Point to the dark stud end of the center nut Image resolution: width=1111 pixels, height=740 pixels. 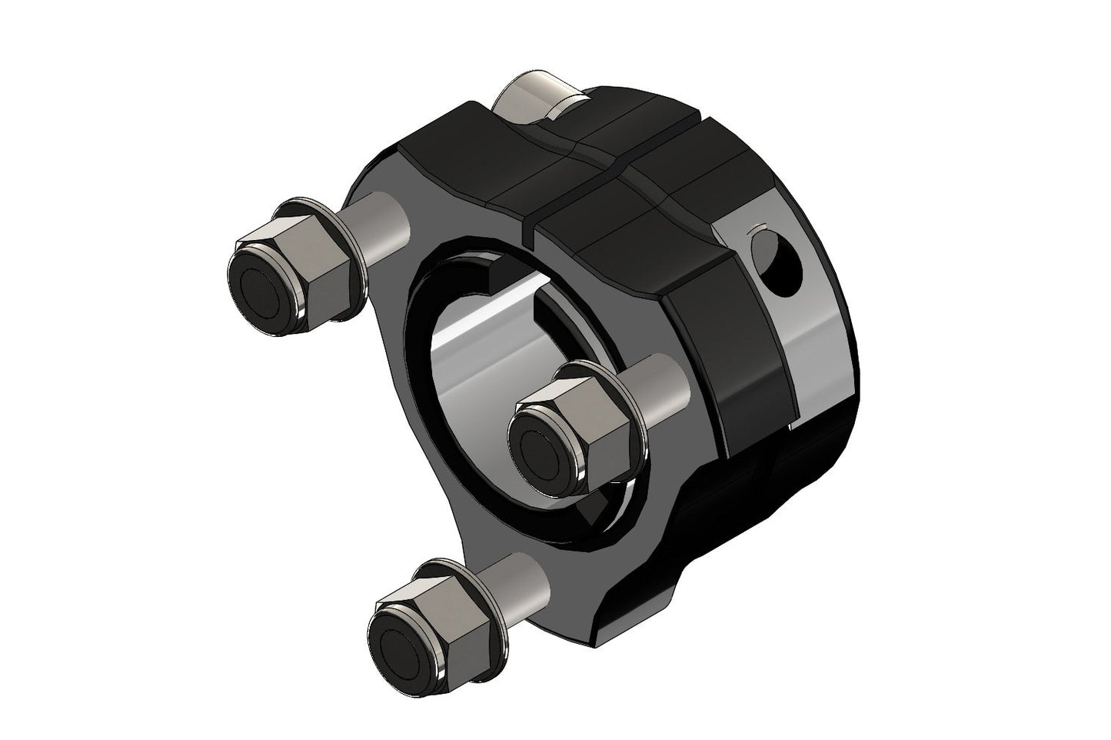pos(546,438)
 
